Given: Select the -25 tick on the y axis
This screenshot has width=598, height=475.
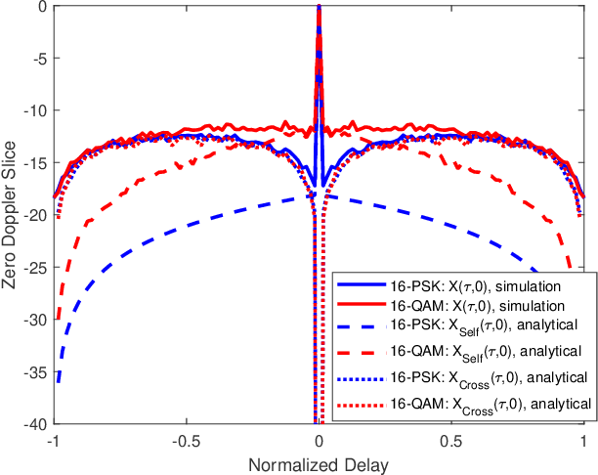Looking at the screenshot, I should [x=35, y=268].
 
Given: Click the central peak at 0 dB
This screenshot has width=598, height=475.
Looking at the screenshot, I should [x=319, y=7].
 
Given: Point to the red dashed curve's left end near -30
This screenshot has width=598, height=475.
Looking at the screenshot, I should [x=57, y=318].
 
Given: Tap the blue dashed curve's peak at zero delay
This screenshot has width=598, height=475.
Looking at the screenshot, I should [x=322, y=195].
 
